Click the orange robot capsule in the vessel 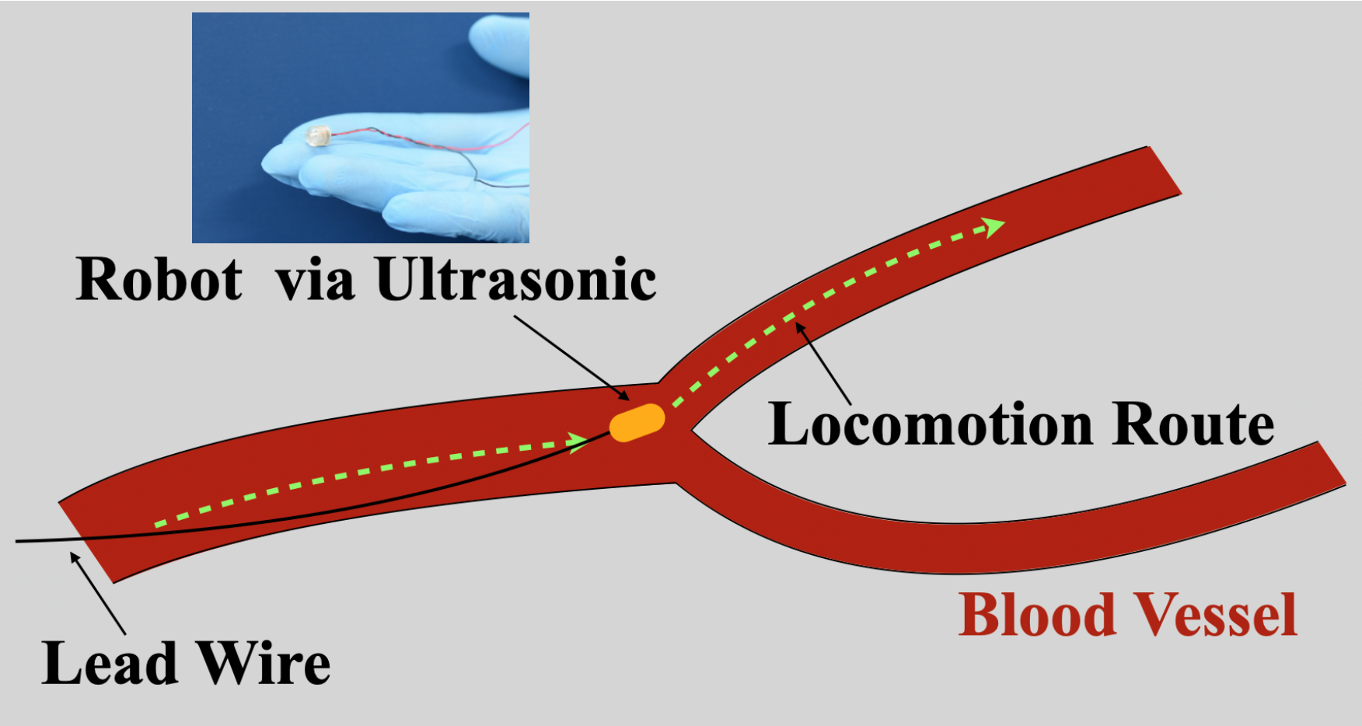tap(637, 423)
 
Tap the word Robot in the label tap(159, 279)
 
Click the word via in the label tap(316, 280)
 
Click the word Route tap(1193, 424)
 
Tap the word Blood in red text tap(1037, 615)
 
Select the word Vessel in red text tap(1217, 615)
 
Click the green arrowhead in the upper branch tap(993, 226)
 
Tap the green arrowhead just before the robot tap(578, 442)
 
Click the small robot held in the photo tap(318, 137)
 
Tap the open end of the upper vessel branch tap(1164, 170)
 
